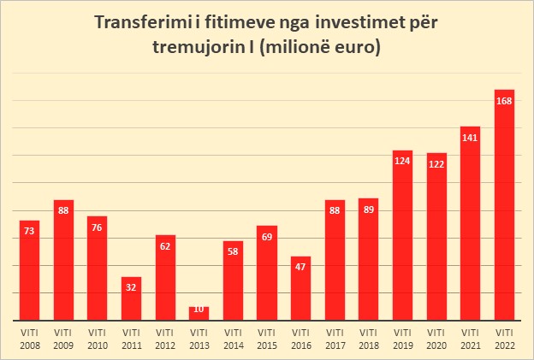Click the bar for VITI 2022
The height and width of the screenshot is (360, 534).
[x=504, y=205]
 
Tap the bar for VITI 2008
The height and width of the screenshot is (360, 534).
[x=29, y=269]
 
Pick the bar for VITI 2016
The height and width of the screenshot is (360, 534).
[x=300, y=288]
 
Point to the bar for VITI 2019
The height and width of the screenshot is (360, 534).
[x=402, y=235]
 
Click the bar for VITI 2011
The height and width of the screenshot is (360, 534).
[x=131, y=298]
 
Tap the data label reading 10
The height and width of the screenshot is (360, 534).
[x=199, y=309]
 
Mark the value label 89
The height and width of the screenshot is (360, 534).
[x=368, y=210]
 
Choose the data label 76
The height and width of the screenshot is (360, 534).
[x=97, y=227]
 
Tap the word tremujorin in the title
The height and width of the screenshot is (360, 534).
[x=199, y=48]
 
